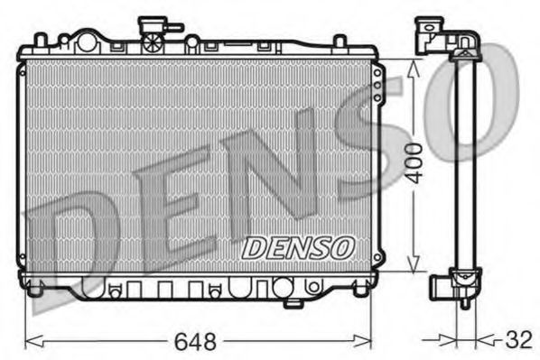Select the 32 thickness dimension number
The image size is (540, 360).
pos(517,342)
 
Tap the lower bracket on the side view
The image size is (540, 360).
pos(442,287)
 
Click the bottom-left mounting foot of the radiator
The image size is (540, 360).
pos(35,291)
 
